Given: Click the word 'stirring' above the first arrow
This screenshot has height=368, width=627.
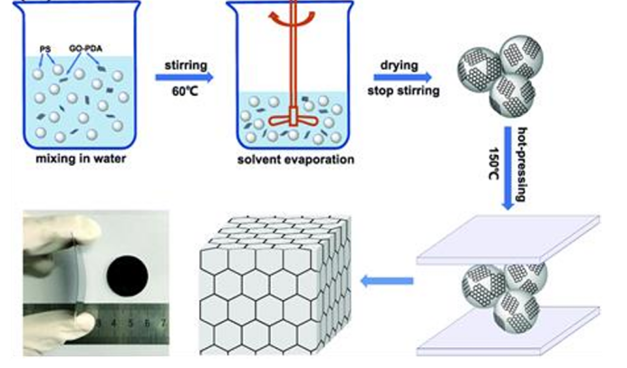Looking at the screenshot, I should tap(188, 65).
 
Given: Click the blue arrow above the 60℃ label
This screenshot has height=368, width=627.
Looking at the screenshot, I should tap(188, 79).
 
